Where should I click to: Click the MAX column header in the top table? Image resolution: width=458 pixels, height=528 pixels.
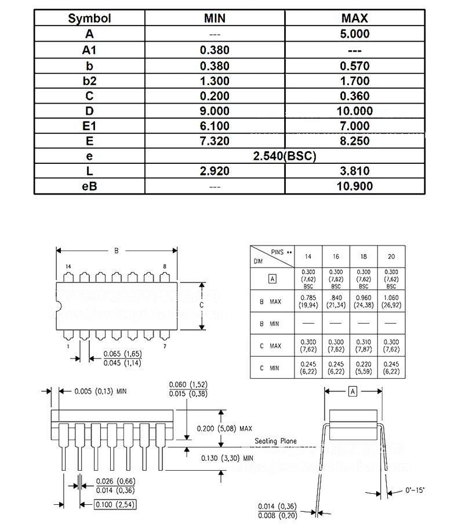(x=355, y=18)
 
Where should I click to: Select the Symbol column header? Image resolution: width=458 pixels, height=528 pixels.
(x=89, y=18)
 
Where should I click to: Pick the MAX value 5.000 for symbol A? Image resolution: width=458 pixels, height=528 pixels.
(x=355, y=34)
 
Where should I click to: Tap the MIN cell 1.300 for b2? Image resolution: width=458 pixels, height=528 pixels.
(x=215, y=81)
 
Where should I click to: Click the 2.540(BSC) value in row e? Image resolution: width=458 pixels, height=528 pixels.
(x=285, y=156)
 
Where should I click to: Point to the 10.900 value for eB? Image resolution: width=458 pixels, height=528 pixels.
(x=355, y=186)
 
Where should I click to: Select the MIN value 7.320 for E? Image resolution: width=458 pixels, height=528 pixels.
(x=215, y=141)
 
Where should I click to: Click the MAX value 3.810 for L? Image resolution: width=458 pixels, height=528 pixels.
(x=355, y=171)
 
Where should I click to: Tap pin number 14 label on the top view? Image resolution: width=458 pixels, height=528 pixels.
(x=68, y=266)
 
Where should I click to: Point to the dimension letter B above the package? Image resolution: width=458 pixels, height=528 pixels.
(x=116, y=251)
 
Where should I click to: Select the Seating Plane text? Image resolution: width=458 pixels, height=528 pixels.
(x=275, y=441)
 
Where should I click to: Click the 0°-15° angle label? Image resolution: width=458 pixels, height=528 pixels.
(x=415, y=490)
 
